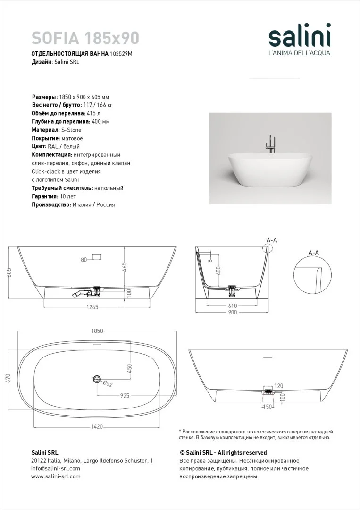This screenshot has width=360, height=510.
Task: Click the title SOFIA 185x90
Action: click(85, 37)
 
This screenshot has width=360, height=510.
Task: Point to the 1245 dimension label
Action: click(92, 307)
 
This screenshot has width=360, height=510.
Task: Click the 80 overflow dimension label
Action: click(84, 260)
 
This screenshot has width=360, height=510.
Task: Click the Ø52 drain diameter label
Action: click(108, 384)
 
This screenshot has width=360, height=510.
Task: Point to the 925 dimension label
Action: click(125, 396)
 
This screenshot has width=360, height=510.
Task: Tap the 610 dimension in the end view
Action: click(232, 306)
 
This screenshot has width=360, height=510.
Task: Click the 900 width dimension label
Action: click(232, 312)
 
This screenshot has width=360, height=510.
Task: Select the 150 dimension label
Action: click(268, 407)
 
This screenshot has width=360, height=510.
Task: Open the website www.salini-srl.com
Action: click(56, 476)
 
